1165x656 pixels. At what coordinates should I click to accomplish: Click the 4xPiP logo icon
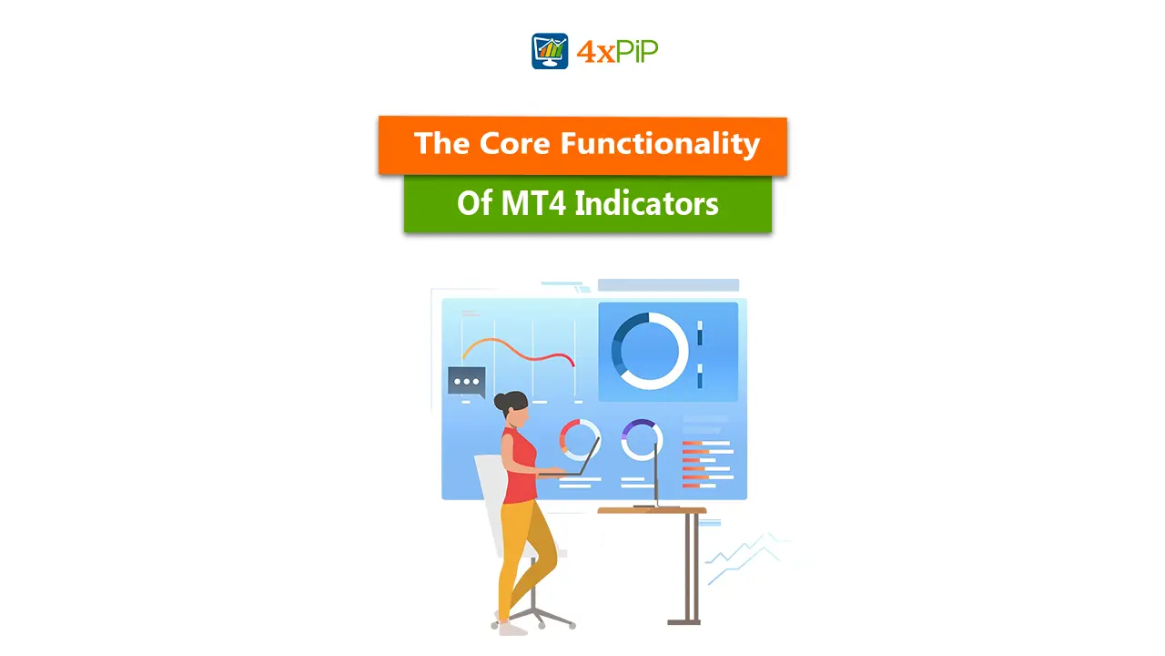point(550,51)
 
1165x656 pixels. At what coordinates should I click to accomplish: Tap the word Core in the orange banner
point(512,143)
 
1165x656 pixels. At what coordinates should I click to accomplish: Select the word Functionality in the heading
point(660,143)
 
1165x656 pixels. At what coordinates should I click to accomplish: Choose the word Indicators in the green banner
point(646,203)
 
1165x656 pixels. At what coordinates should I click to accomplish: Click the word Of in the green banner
point(474,203)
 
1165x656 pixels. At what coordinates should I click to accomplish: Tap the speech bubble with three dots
point(467,382)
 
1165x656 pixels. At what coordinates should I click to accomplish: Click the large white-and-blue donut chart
point(650,352)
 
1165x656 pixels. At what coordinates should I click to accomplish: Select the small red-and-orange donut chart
point(580,439)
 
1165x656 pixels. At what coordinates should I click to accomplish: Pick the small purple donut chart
point(642,439)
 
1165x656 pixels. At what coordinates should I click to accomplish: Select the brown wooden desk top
point(652,510)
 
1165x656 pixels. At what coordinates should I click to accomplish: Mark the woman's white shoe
point(512,628)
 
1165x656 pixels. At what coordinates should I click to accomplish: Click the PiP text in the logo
point(633,52)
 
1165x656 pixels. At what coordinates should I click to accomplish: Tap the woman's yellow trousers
point(523,547)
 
